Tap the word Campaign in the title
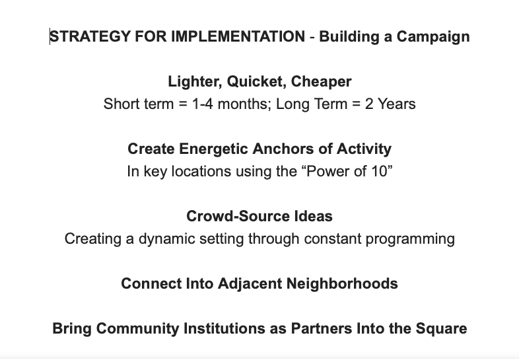(433, 37)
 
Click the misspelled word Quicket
(254, 82)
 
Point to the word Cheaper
(321, 82)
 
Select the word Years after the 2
(397, 104)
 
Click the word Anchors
(283, 149)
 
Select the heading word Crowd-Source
(238, 216)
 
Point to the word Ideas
(313, 216)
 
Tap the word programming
(410, 239)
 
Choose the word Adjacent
(250, 284)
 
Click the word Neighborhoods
(342, 284)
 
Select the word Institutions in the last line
(224, 328)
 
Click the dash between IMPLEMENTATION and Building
(312, 37)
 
